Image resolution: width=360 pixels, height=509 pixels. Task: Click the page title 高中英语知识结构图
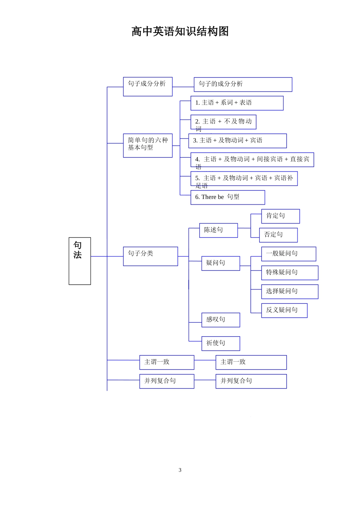180,31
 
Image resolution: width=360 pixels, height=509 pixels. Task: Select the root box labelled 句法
80,261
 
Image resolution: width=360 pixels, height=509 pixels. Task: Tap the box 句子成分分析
148,86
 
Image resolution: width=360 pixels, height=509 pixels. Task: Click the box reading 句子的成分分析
243,84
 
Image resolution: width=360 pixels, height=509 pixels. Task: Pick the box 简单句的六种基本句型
148,145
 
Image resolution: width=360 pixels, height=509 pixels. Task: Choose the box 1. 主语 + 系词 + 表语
237,103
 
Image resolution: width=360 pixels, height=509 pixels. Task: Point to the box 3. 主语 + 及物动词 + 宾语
238,141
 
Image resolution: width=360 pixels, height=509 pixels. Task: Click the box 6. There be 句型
227,197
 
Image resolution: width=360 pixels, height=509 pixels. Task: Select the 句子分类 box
150,256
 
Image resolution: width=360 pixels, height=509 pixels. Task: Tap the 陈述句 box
218,230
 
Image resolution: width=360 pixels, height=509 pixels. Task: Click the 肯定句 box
280,216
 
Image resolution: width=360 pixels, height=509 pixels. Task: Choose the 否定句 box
278,235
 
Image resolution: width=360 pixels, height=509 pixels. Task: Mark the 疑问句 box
221,263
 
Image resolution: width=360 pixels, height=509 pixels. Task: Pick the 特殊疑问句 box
290,273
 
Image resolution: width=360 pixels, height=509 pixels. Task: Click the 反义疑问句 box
284,310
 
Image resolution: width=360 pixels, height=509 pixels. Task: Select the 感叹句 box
221,320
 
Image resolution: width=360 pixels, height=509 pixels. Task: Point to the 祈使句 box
221,343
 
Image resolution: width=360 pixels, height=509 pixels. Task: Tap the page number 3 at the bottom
180,470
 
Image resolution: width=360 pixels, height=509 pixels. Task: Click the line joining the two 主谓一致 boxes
205,360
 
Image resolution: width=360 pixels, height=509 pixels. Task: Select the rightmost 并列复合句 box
251,381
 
